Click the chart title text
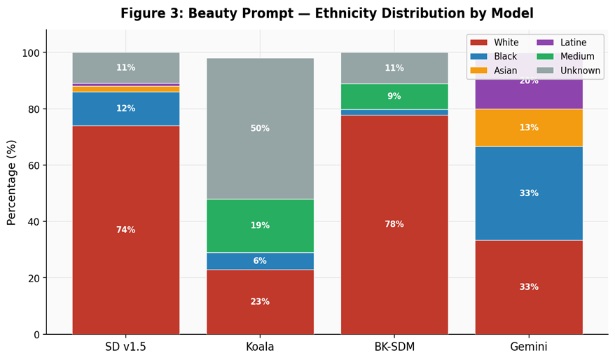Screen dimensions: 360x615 point(326,13)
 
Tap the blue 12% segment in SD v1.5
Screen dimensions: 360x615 point(126,109)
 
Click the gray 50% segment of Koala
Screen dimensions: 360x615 point(260,128)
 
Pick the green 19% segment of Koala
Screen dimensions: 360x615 point(260,226)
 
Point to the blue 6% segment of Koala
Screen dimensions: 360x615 point(260,261)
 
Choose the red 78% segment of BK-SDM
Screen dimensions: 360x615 point(394,224)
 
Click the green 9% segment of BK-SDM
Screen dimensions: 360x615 point(394,97)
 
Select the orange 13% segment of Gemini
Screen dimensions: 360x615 point(529,127)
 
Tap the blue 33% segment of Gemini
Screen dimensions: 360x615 point(529,193)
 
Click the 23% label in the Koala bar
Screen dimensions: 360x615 point(260,302)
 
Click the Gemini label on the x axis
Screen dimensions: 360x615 point(529,347)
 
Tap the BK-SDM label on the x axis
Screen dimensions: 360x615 point(394,347)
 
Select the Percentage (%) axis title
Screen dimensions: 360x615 point(11,182)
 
